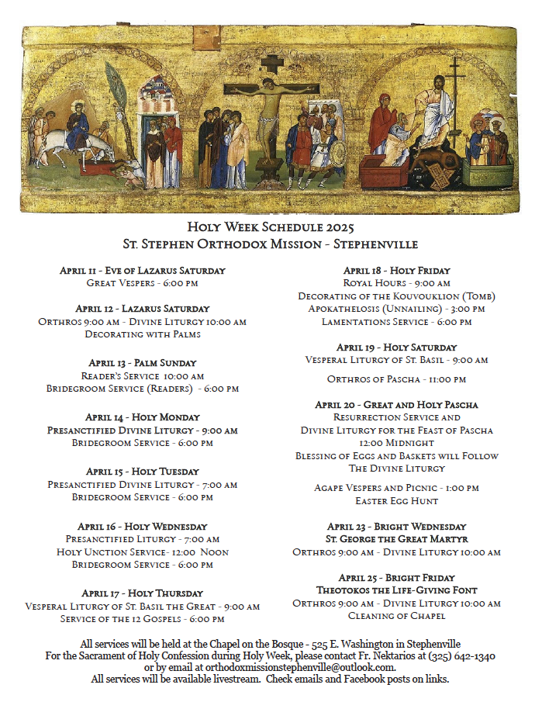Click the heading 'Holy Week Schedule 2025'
click(x=270, y=227)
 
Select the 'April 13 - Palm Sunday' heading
click(x=142, y=362)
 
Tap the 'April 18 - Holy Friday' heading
click(x=396, y=271)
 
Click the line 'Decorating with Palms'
click(x=142, y=334)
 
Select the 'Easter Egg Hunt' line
click(x=396, y=501)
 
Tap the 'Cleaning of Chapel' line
click(x=396, y=616)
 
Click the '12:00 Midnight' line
click(x=396, y=443)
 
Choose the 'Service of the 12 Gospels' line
click(x=142, y=619)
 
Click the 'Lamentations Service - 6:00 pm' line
click(x=396, y=321)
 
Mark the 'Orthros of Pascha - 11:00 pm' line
click(x=396, y=379)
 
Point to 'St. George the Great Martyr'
click(x=396, y=538)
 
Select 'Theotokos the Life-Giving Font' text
click(x=396, y=590)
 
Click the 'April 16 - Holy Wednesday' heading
click(x=142, y=526)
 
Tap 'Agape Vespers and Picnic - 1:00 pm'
click(x=396, y=488)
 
